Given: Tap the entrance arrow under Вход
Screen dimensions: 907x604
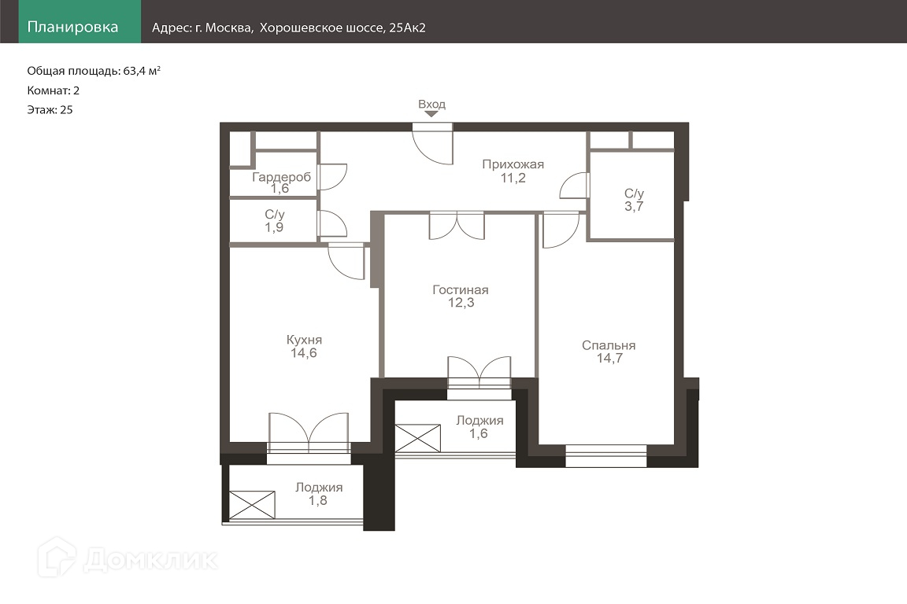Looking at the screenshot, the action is pyautogui.click(x=431, y=115).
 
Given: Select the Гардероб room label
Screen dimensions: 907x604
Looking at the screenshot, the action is pyautogui.click(x=281, y=177).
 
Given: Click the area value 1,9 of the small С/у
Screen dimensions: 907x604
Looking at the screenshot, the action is pyautogui.click(x=274, y=227).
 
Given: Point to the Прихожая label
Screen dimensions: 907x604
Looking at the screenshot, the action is pyautogui.click(x=513, y=164).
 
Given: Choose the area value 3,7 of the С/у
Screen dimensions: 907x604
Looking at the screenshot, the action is pyautogui.click(x=634, y=206).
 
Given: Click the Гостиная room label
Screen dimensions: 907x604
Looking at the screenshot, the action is pyautogui.click(x=461, y=289).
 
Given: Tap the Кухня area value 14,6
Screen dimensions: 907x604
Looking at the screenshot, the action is pyautogui.click(x=304, y=353).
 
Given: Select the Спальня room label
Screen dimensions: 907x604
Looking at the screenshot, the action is pyautogui.click(x=609, y=345).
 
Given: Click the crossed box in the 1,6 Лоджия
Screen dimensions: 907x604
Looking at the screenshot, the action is pyautogui.click(x=417, y=438).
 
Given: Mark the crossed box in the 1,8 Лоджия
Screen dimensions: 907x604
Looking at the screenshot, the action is pyautogui.click(x=252, y=505).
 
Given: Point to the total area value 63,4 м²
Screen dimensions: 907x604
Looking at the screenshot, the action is pyautogui.click(x=142, y=71).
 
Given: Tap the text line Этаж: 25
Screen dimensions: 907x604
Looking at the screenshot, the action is pyautogui.click(x=50, y=110).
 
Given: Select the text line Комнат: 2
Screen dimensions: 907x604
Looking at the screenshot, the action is pyautogui.click(x=54, y=90).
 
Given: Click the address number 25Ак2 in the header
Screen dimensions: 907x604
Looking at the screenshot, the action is pyautogui.click(x=407, y=28).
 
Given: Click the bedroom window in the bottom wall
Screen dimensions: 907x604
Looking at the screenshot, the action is pyautogui.click(x=605, y=456).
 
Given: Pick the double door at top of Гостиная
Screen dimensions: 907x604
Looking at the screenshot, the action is pyautogui.click(x=457, y=226).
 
